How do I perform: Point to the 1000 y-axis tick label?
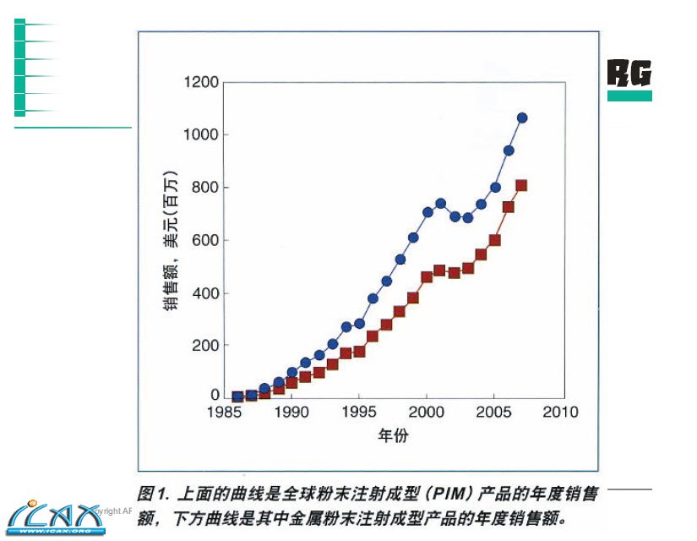(x=201, y=135)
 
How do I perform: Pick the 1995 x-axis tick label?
(x=359, y=413)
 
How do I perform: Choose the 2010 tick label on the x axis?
(x=561, y=413)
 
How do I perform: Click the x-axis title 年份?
(x=392, y=437)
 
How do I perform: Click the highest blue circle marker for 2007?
(x=522, y=117)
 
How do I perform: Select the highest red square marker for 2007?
(x=521, y=185)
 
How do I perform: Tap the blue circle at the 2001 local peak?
(x=440, y=203)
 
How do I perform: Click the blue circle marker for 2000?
(x=427, y=212)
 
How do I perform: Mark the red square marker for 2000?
(x=427, y=276)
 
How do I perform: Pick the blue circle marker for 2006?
(x=509, y=150)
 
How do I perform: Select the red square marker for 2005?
(x=495, y=240)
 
